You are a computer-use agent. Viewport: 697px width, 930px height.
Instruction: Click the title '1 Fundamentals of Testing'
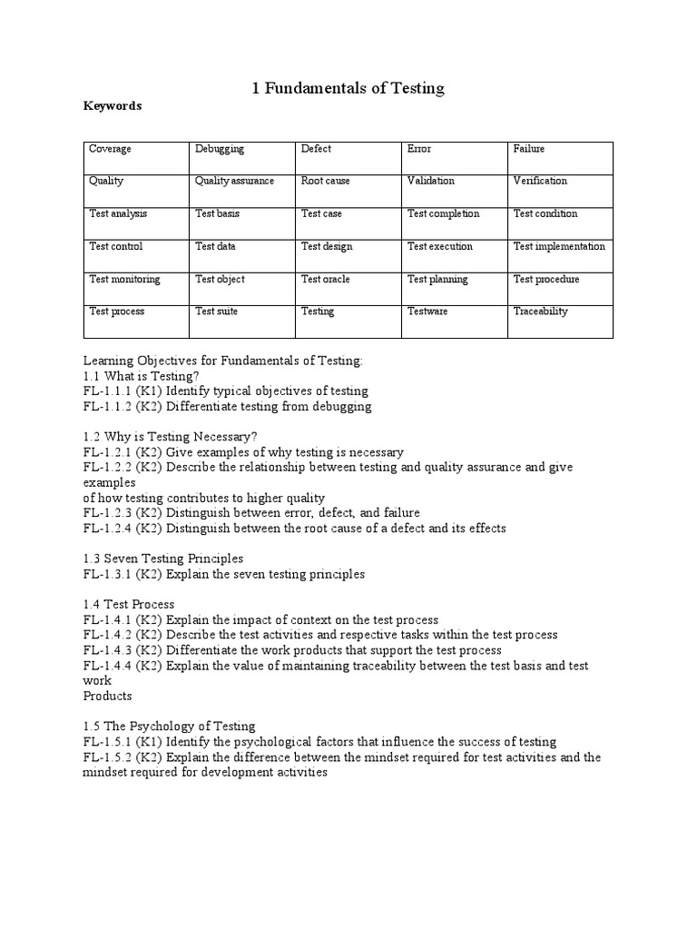(348, 87)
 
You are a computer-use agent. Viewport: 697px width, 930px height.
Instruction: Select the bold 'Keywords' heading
(113, 106)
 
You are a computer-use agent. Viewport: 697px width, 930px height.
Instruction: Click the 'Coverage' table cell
(109, 149)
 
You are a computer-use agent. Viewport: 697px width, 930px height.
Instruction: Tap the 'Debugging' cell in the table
(220, 149)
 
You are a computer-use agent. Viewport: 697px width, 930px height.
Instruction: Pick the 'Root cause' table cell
(325, 181)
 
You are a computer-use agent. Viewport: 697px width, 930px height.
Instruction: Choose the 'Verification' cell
(540, 181)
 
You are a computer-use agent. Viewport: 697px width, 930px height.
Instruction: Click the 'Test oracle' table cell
(325, 280)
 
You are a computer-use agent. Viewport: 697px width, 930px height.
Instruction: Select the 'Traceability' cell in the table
(540, 312)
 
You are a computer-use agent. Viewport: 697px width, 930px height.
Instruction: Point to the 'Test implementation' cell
(559, 247)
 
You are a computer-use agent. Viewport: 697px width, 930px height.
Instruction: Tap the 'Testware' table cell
(427, 312)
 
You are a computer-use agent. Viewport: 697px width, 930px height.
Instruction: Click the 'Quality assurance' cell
(234, 181)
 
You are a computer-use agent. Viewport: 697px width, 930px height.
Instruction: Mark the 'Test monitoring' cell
(124, 280)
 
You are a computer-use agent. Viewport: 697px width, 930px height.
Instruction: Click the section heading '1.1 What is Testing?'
(141, 375)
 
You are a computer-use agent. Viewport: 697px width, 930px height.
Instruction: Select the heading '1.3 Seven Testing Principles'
(163, 559)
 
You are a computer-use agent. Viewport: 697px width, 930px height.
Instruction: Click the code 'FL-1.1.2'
(107, 406)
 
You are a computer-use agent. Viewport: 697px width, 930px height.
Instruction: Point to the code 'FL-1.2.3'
(107, 513)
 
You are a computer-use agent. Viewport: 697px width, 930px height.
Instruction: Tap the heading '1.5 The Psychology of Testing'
(169, 727)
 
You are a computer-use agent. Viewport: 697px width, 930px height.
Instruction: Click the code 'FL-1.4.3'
(107, 650)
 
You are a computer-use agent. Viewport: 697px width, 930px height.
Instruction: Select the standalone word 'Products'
(107, 696)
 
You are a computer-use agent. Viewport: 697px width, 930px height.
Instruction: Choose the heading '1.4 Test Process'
(129, 604)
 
